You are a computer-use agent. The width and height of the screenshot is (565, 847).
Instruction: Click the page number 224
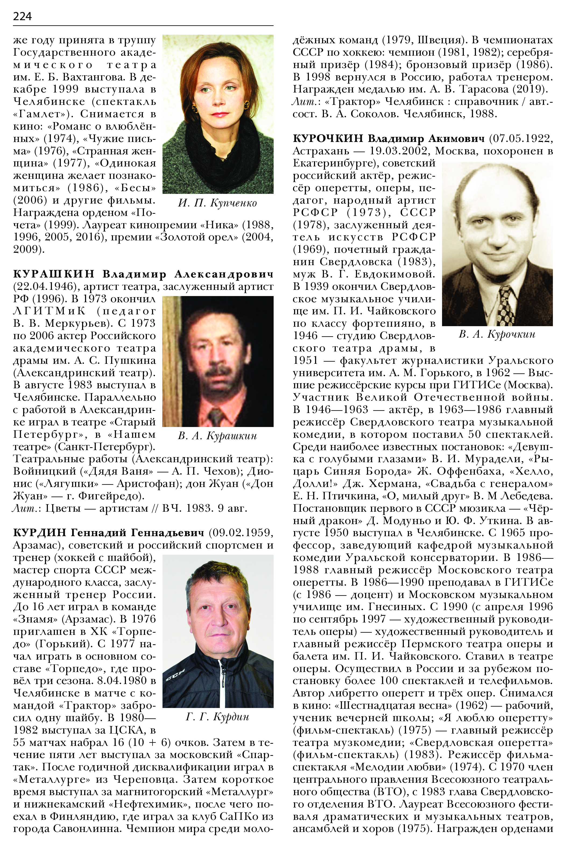22,16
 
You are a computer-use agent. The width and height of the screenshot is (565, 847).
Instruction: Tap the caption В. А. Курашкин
217,436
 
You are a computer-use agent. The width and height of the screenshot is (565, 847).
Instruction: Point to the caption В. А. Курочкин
497,334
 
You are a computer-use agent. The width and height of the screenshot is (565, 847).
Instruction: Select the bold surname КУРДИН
40,533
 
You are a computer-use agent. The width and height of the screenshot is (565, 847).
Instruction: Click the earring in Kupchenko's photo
247,105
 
